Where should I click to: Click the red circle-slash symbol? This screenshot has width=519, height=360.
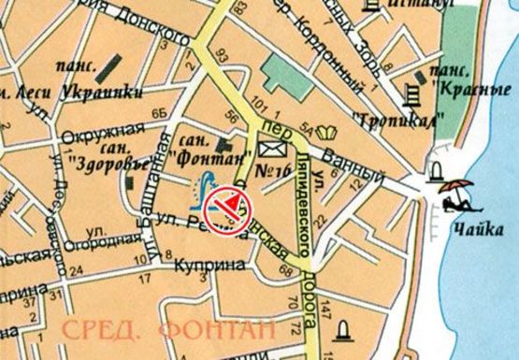point(227,201)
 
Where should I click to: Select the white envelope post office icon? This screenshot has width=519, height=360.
point(271,150)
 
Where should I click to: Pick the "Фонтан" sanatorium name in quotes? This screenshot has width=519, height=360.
point(201,148)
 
